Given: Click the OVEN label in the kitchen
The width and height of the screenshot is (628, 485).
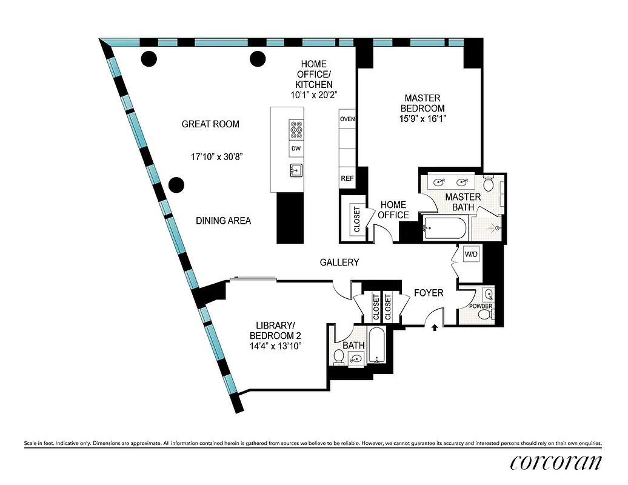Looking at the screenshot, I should [347, 119].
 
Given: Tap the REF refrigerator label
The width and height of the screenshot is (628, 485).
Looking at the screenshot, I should [347, 179].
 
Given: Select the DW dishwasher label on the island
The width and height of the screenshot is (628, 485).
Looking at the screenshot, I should [296, 149].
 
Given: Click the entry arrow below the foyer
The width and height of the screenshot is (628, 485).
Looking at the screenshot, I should [435, 328].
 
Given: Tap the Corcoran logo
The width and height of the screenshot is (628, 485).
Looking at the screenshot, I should [556, 462].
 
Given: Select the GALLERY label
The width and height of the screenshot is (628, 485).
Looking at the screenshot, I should [339, 263].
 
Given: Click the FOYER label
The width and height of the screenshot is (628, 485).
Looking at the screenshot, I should [429, 293].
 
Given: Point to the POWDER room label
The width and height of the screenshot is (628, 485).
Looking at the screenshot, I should [480, 306].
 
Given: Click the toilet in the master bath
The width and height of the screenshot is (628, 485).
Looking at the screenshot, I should [489, 183].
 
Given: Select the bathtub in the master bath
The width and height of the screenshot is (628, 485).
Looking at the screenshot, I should [446, 229].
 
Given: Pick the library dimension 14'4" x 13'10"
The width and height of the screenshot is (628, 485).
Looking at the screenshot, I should [275, 346].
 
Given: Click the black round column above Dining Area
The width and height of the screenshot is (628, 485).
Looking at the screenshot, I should [176, 185].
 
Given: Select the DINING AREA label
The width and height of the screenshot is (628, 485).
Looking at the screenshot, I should [223, 221].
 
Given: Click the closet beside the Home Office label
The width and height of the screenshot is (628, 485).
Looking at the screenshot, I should [356, 218].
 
